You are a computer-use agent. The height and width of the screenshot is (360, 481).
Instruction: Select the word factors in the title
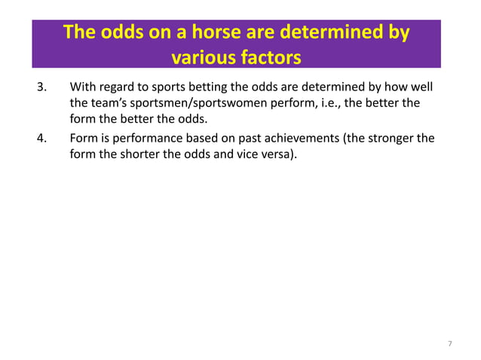270,57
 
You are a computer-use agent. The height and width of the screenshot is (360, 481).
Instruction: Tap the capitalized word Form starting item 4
83,139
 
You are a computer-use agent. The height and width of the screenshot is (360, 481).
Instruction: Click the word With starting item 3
82,89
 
